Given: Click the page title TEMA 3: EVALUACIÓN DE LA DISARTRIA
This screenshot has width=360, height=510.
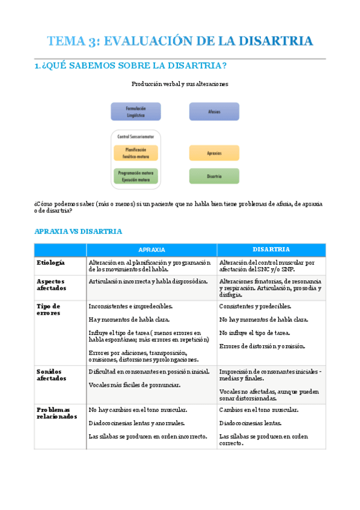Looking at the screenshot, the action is (x=180, y=41).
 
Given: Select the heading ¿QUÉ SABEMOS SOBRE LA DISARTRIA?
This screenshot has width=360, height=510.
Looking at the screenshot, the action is (x=130, y=66).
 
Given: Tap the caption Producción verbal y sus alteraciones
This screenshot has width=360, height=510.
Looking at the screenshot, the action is (x=180, y=84).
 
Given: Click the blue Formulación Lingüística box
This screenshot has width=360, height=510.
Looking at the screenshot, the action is (x=136, y=111).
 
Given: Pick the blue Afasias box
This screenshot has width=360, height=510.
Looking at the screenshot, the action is (x=214, y=111).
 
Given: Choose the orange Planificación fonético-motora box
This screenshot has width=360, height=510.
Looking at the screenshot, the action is (x=136, y=153).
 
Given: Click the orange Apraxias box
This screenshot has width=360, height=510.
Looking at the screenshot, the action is (x=214, y=153).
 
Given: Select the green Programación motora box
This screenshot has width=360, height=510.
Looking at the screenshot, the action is (x=136, y=176).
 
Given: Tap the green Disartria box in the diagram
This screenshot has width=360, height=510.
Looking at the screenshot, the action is (x=214, y=176).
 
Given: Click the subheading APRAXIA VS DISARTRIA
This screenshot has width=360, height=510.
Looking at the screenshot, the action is (x=78, y=231).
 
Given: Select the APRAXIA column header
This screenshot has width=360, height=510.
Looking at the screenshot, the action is (x=151, y=250).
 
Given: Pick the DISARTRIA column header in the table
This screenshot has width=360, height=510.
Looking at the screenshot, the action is (x=271, y=249).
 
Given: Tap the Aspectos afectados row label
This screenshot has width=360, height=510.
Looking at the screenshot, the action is (x=52, y=284).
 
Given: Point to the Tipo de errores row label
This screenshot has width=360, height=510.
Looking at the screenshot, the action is (x=49, y=309).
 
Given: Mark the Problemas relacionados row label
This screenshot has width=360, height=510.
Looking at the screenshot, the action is (x=56, y=413).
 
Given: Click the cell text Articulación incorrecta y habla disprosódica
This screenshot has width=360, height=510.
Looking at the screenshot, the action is (x=148, y=281).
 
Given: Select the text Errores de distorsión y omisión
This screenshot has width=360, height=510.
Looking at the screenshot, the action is (x=263, y=346).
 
